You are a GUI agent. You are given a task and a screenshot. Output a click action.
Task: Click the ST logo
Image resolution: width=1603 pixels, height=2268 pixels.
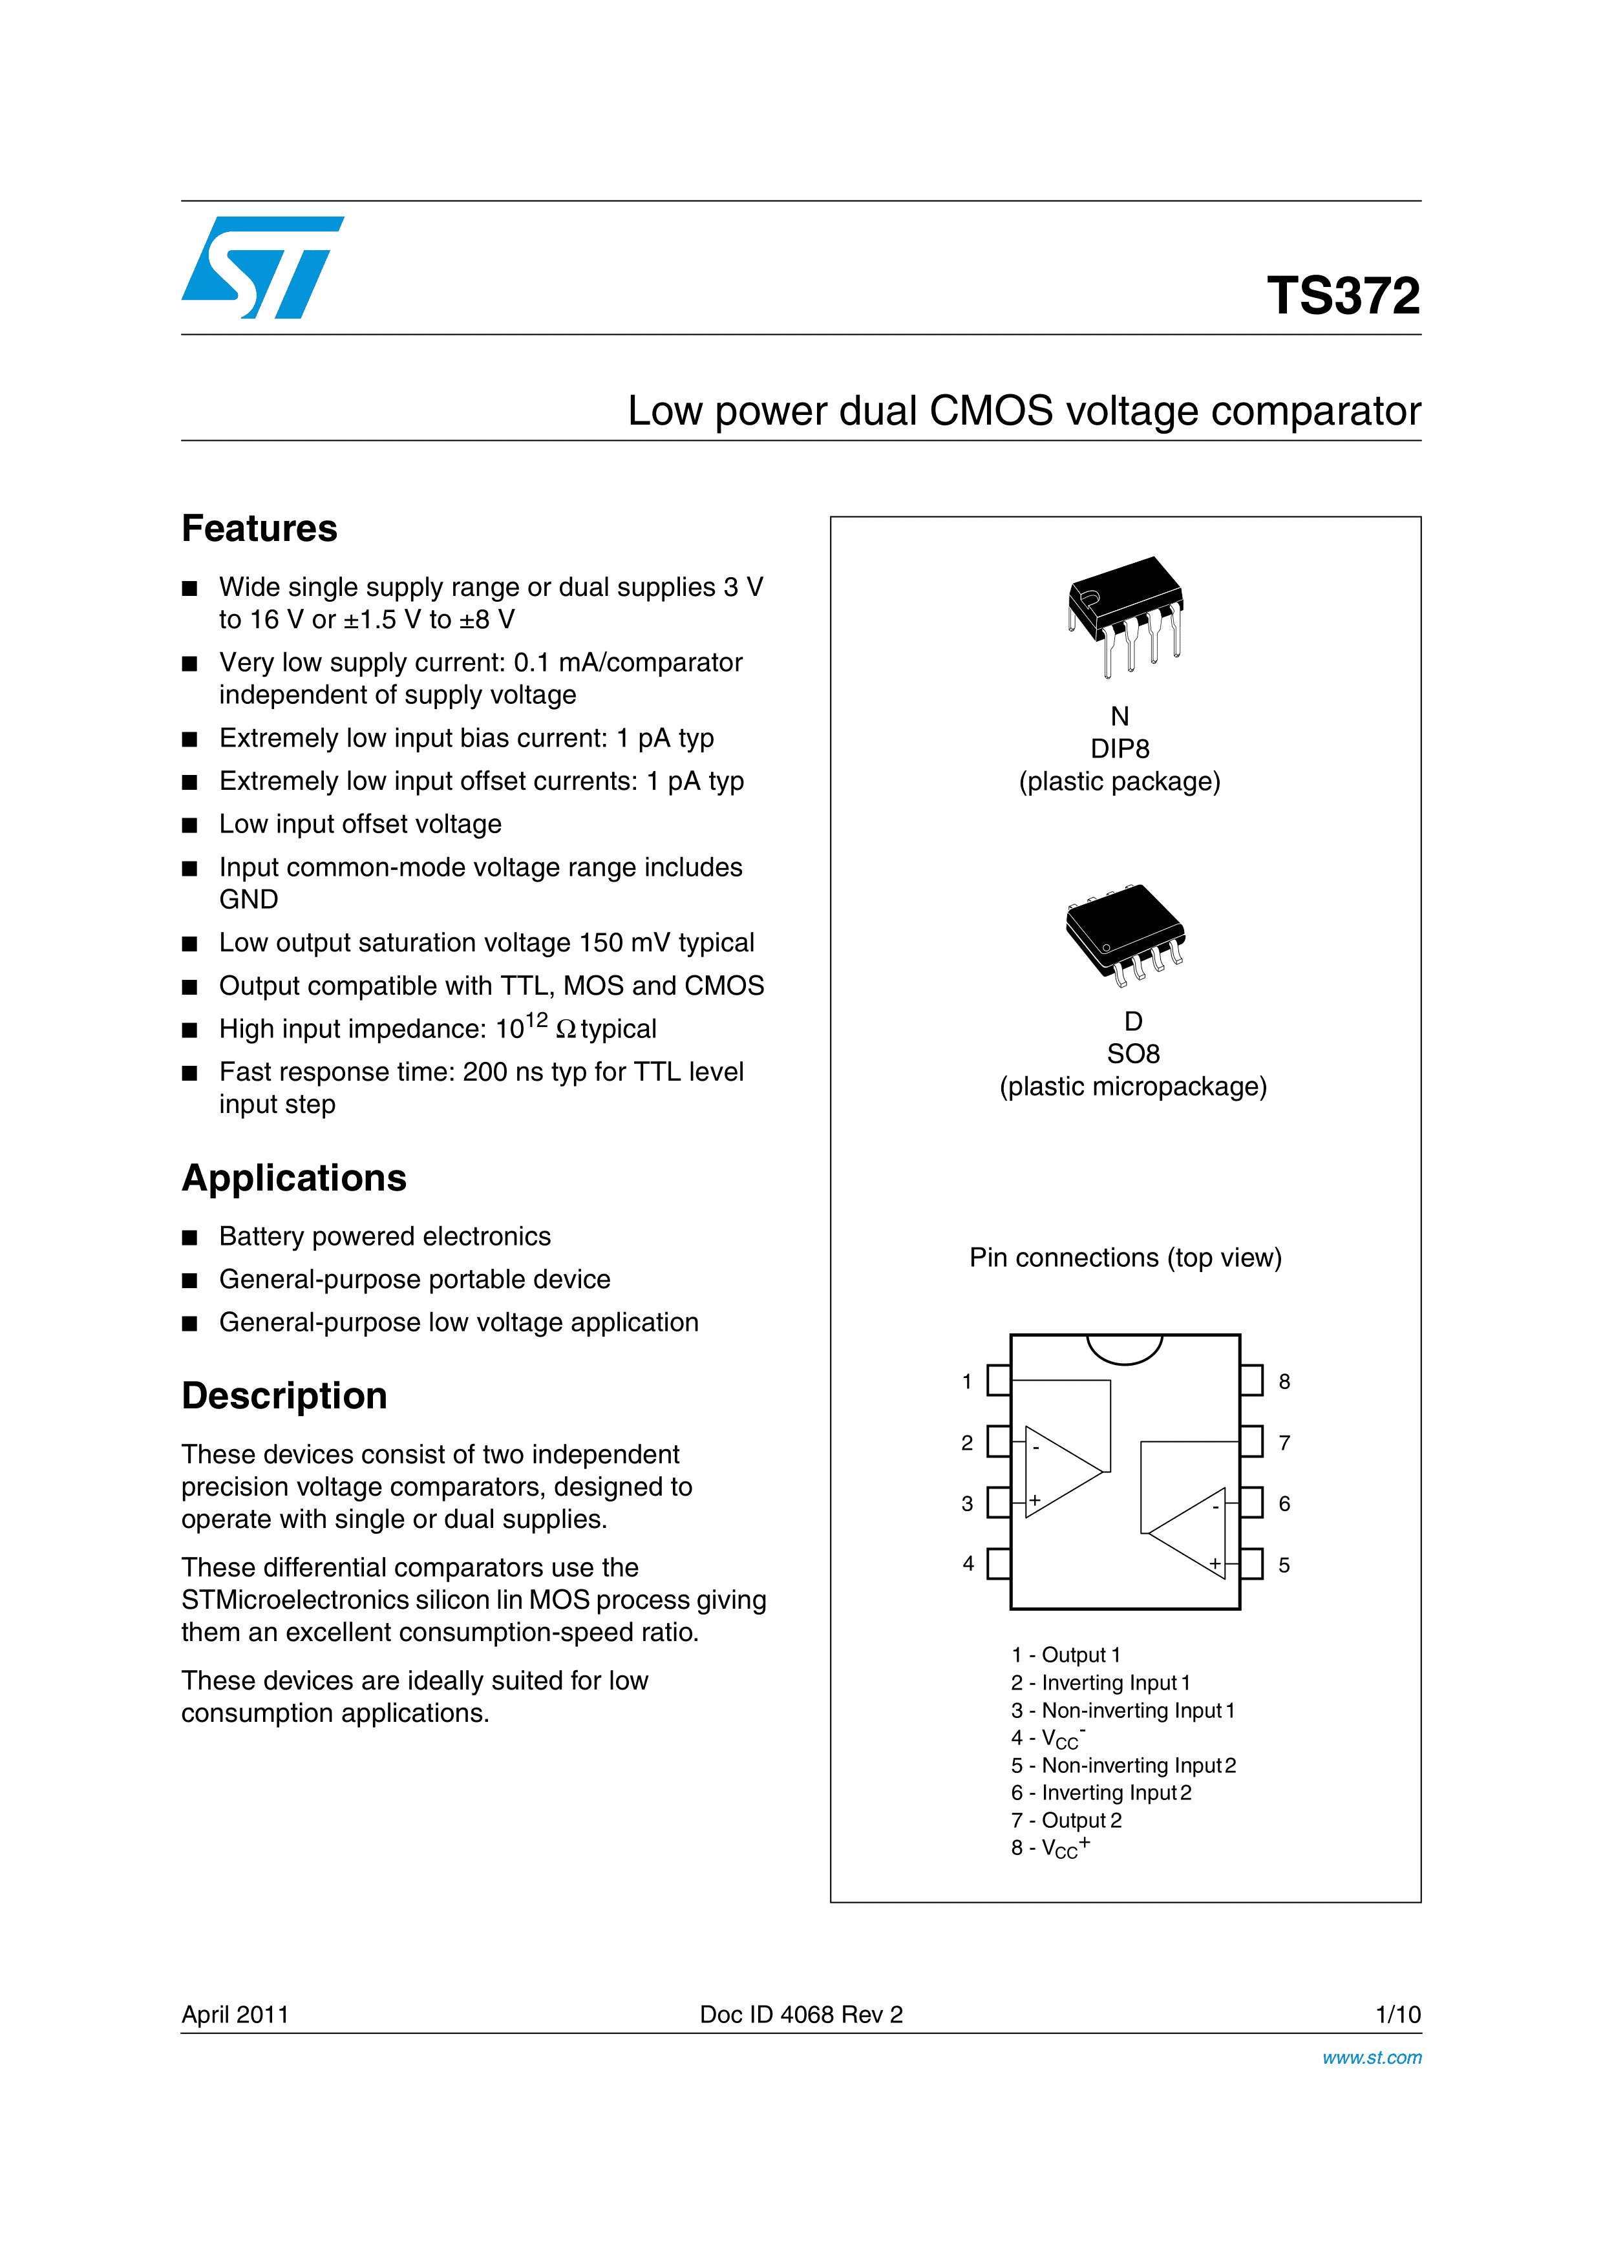coord(262,267)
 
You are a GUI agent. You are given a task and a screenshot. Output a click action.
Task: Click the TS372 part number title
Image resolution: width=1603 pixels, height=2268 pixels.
coord(1343,295)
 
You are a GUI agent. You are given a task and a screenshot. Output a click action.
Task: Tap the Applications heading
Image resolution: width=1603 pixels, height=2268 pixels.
coord(293,1178)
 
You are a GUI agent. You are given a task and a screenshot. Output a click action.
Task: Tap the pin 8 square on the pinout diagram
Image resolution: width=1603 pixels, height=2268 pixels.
coord(1251,1380)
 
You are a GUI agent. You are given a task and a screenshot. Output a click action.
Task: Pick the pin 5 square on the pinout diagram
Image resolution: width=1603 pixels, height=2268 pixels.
coord(1251,1563)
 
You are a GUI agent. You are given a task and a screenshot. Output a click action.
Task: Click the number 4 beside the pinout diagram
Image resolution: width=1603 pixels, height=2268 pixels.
coord(968,1563)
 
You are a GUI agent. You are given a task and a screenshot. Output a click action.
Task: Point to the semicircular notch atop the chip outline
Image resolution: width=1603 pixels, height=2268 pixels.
coord(1124,1348)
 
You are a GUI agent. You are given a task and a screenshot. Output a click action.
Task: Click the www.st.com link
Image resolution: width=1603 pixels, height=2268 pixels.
coord(1371,2057)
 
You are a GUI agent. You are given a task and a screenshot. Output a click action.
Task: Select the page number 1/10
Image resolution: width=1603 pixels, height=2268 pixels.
coord(1397,2014)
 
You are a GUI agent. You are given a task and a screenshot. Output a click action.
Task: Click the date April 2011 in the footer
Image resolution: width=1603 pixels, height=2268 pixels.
coord(235,2014)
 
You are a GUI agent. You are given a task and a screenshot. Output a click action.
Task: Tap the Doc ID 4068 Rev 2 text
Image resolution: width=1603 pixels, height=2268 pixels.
coord(801,2014)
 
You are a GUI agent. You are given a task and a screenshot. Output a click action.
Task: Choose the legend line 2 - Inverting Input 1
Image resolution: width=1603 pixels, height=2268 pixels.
coord(1100,1682)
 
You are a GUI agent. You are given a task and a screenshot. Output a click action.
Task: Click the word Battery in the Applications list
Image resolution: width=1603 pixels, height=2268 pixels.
coord(265,1236)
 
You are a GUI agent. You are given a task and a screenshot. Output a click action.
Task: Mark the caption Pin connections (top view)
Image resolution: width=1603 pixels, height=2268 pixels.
coord(1125,1258)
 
